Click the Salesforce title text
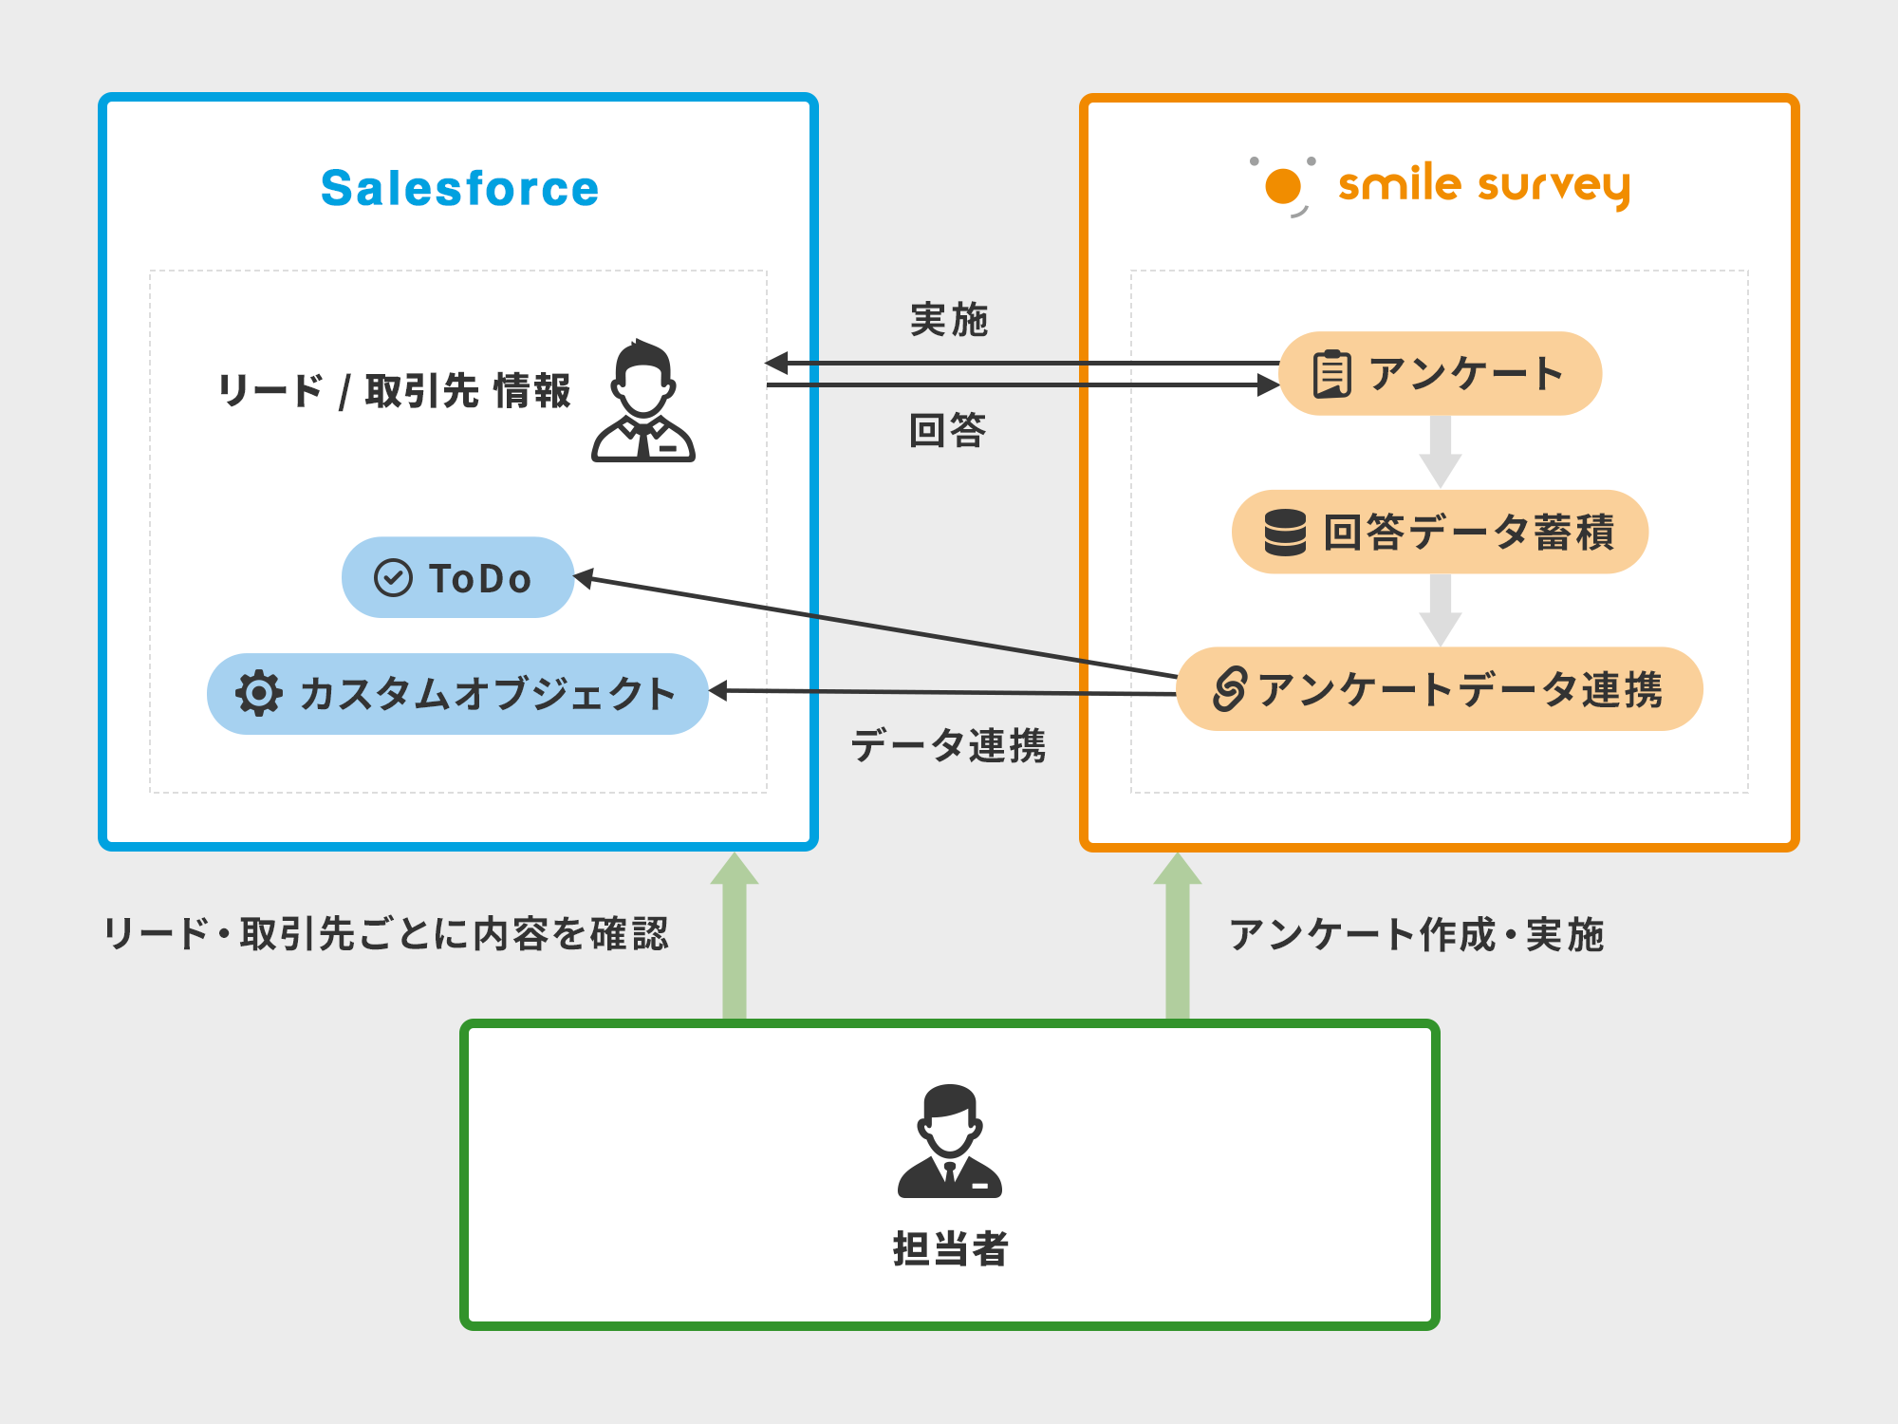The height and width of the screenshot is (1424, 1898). pos(460,188)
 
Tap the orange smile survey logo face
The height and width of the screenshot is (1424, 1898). pos(1283,186)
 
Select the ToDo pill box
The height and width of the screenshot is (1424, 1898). pos(457,577)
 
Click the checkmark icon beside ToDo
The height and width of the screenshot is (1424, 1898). pos(393,577)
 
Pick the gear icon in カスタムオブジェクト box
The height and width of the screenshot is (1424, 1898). pos(258,693)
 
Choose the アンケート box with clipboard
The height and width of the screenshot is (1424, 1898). pos(1440,373)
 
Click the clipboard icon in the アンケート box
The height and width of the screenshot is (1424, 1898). pos(1331,373)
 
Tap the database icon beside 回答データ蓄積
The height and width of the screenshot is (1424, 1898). pos(1285,532)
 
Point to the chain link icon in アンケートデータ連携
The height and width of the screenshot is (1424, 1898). pos(1229,688)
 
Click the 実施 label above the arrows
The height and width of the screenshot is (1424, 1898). pos(949,320)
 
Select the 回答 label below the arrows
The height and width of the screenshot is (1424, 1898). pos(948,430)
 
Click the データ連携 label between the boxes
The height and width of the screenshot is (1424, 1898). pos(948,745)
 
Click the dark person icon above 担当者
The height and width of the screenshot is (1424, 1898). pos(949,1141)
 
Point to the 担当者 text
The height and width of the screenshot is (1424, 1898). pos(950,1248)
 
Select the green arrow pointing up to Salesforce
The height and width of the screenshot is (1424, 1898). pos(735,935)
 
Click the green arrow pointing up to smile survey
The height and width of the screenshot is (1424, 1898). pos(1178,935)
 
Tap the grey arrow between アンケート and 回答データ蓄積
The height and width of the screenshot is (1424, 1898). pos(1440,452)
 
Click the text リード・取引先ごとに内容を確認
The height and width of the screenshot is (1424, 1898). pos(386,934)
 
